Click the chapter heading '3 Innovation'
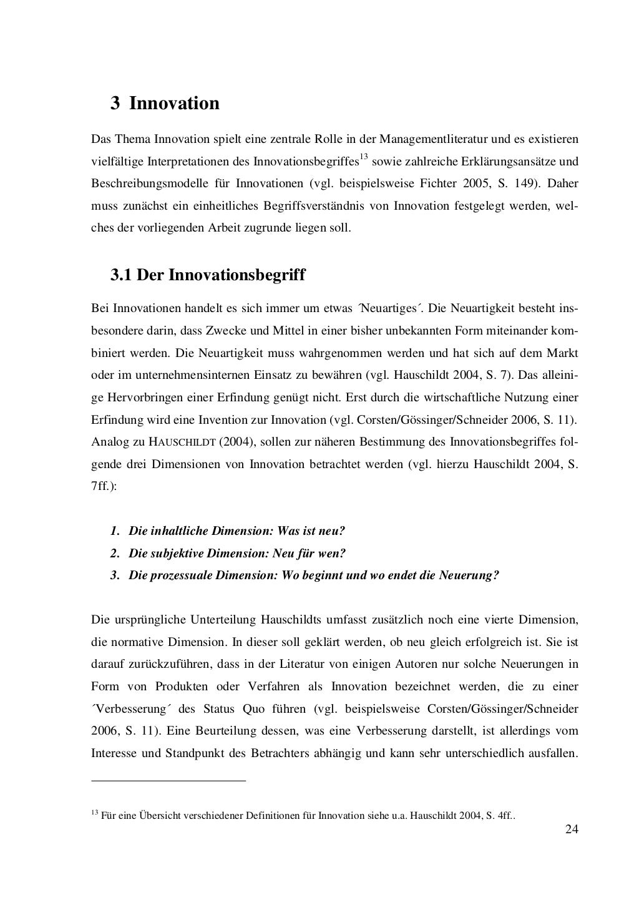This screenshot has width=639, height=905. pyautogui.click(x=165, y=103)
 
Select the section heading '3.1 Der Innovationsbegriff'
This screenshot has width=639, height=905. pyautogui.click(x=208, y=275)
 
